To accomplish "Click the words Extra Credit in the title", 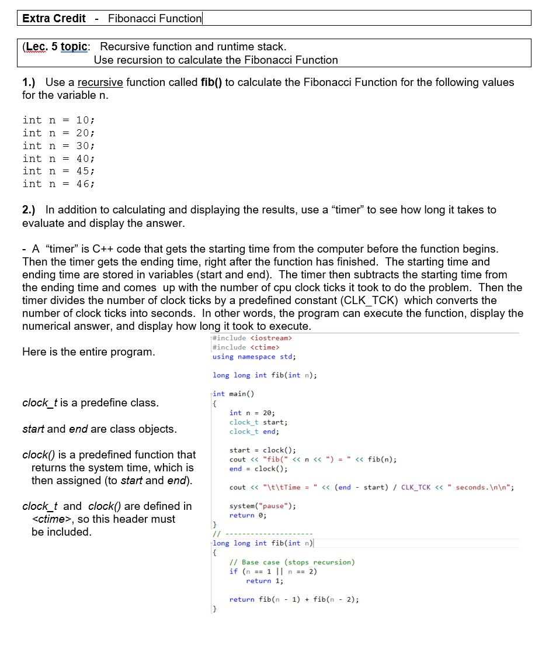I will (54, 18).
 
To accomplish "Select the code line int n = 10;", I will (58, 120).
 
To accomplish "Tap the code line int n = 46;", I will (58, 184).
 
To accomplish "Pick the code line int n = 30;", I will (58, 146).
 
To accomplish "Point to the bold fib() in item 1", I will (211, 82).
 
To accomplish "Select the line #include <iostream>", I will (252, 338).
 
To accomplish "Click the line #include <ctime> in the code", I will (245, 347).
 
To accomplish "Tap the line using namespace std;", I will (254, 357).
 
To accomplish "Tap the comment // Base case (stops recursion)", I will (292, 563).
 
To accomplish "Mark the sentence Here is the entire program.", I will (89, 352).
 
